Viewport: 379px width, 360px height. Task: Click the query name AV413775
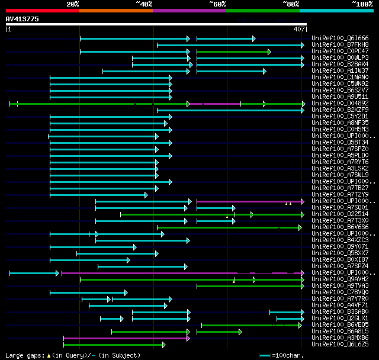coord(23,19)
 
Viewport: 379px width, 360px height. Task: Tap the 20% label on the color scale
coord(73,4)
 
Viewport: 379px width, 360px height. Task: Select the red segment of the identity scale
coord(42,10)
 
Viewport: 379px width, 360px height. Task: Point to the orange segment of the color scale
coord(115,10)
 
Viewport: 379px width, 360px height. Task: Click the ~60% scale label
coord(217,4)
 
